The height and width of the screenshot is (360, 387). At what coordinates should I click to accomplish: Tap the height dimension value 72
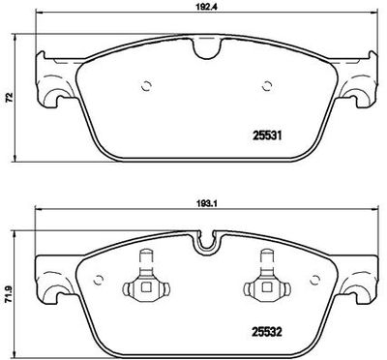coord(9,97)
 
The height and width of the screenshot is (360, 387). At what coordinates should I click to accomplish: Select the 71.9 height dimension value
coord(10,295)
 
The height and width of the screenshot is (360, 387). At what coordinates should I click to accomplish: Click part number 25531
coord(267,135)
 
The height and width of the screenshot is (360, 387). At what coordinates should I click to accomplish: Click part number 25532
coord(267,332)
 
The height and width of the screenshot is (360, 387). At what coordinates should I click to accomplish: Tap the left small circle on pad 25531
coord(146,86)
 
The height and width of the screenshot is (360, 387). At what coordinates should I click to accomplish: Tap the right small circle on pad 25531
coord(267,86)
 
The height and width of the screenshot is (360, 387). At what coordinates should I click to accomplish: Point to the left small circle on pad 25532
coord(98,281)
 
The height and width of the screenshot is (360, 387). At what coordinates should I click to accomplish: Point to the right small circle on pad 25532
coord(314,281)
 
